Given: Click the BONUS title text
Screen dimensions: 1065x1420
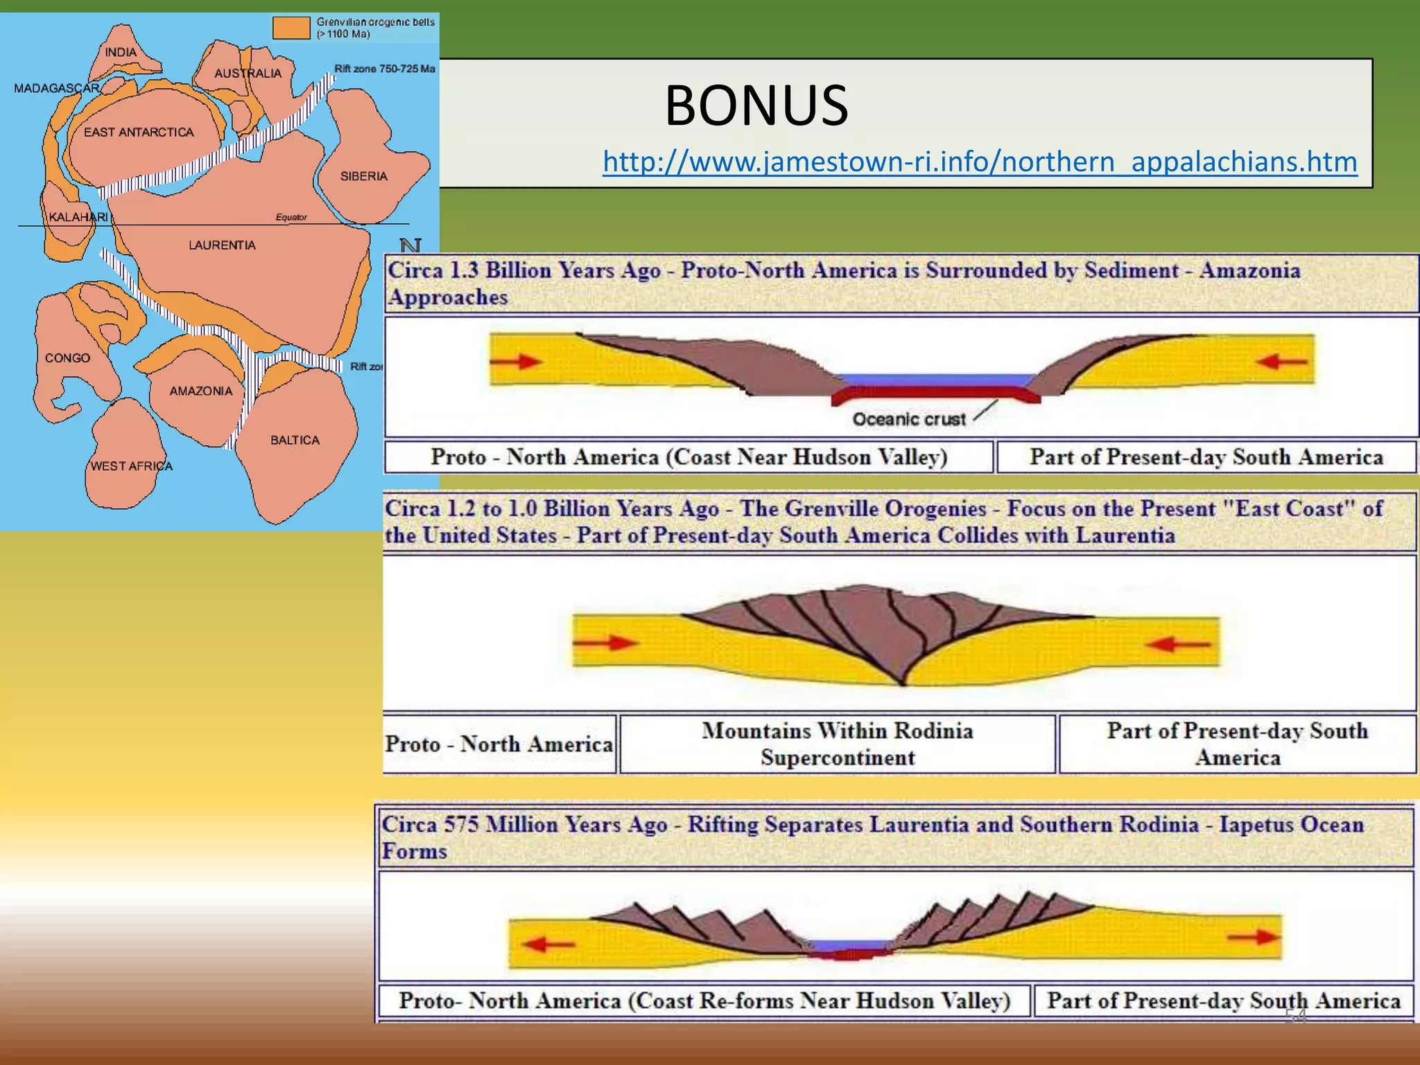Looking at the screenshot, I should click(x=756, y=105).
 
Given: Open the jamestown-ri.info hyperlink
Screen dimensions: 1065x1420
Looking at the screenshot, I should click(x=980, y=162).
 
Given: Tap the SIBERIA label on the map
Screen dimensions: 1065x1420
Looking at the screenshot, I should click(x=363, y=176).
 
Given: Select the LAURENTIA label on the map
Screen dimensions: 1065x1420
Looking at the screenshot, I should click(x=222, y=245).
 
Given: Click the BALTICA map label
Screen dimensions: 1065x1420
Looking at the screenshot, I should click(x=295, y=440).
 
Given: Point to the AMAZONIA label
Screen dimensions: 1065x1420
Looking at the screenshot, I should click(x=201, y=391).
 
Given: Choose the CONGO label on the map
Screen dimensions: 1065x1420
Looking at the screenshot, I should click(x=67, y=358).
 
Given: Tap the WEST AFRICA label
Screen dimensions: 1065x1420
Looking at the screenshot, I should click(x=132, y=466).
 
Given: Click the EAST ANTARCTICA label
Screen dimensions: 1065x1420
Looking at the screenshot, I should click(x=139, y=132).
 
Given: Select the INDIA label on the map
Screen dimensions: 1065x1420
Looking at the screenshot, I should click(x=121, y=52).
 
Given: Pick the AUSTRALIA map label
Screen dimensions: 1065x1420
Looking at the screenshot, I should click(x=248, y=73).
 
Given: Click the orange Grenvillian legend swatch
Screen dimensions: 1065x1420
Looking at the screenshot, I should click(x=291, y=28).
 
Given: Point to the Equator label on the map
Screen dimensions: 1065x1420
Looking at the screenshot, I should click(x=291, y=217).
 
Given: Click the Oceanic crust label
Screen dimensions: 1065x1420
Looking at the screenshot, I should click(x=908, y=419).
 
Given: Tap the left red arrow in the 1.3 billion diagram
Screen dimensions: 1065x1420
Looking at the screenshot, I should click(x=516, y=361).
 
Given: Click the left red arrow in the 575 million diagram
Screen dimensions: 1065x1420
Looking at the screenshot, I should click(x=548, y=943).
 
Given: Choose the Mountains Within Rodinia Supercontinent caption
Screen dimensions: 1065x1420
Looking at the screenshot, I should click(x=838, y=744).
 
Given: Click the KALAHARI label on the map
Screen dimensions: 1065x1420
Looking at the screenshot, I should click(x=78, y=217).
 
